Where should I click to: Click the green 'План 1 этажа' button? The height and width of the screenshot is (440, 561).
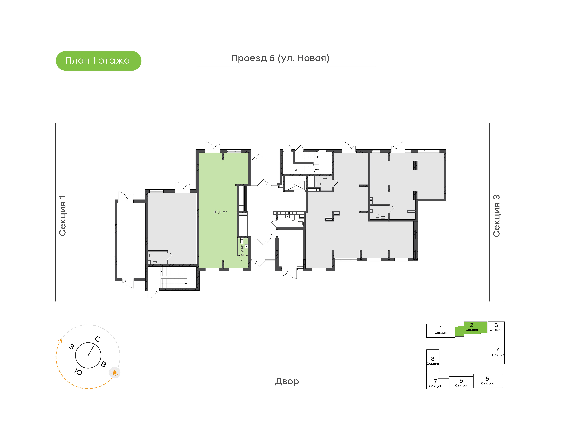pos(98,61)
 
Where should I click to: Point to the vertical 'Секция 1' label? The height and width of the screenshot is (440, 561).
pos(63,216)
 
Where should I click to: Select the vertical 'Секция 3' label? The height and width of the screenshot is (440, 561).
pos(497,216)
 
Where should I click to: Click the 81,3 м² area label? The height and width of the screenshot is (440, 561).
pos(220,212)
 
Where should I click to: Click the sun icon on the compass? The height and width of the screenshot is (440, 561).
pos(115,373)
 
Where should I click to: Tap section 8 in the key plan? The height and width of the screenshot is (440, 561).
pos(433,361)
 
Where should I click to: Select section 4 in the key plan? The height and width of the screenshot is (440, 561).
pos(498,353)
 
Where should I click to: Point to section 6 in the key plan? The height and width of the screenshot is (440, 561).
pos(461,383)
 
